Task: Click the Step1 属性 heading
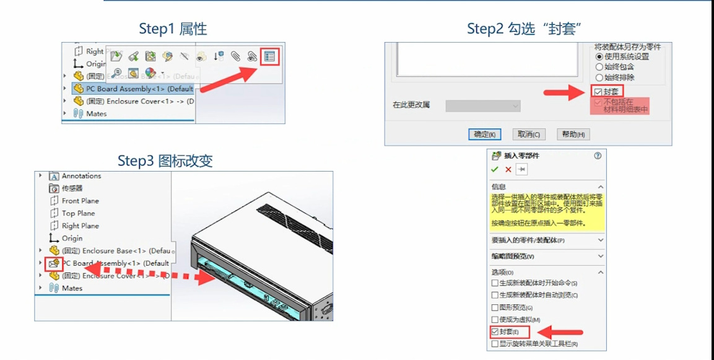tap(173, 29)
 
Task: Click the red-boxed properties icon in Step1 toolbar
tap(269, 56)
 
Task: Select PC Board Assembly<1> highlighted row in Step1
tap(139, 89)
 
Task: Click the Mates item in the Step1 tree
tap(96, 113)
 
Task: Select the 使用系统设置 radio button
tap(599, 56)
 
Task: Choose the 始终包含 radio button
tap(599, 67)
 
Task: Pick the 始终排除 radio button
tap(599, 77)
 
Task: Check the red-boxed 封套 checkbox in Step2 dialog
tap(598, 92)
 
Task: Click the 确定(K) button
tap(484, 134)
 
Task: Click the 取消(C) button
tap(528, 134)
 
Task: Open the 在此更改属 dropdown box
tap(483, 106)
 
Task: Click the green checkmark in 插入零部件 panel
tap(494, 170)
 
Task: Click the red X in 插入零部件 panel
tap(508, 170)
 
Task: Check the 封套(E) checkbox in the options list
tap(495, 332)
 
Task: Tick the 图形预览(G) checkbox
tap(495, 307)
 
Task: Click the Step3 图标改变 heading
tap(165, 161)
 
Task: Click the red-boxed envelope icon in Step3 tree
tap(54, 264)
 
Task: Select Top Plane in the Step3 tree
tap(78, 213)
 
